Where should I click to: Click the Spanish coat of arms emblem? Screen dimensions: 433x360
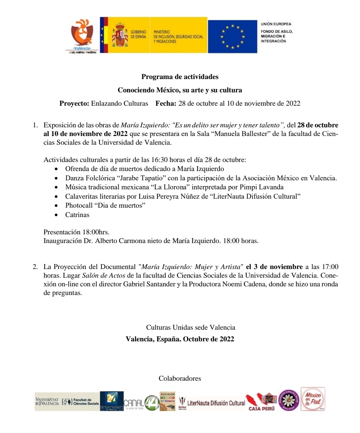click(x=120, y=35)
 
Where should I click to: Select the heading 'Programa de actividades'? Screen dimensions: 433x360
click(x=180, y=77)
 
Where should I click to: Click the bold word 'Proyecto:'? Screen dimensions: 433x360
click(x=74, y=103)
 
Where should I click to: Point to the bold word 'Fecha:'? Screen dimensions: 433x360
click(x=166, y=103)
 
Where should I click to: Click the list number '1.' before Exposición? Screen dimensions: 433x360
click(x=35, y=125)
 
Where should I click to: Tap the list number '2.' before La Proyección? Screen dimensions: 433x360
click(x=35, y=267)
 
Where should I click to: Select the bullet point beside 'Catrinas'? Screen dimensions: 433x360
click(x=56, y=215)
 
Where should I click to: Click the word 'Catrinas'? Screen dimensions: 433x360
click(x=77, y=215)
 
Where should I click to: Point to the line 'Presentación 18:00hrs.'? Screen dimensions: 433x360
click(x=76, y=232)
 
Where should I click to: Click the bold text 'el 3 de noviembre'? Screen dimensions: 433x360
click(x=274, y=267)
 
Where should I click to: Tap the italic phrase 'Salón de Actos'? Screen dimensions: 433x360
click(x=104, y=276)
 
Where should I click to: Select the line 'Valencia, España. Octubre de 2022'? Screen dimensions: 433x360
click(x=180, y=339)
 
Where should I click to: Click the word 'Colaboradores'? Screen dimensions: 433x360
click(x=180, y=378)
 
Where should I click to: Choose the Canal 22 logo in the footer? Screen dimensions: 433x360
click(x=112, y=401)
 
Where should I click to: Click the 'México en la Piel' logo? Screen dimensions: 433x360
click(x=313, y=399)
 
